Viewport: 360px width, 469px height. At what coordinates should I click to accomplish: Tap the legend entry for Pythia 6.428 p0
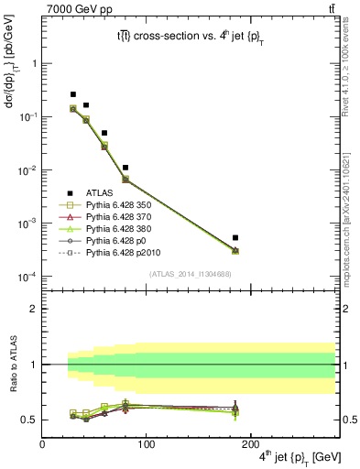(x=110, y=247)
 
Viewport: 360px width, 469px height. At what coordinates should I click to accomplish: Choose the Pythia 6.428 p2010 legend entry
(x=115, y=261)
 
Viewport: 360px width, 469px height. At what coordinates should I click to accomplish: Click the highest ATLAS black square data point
(x=73, y=94)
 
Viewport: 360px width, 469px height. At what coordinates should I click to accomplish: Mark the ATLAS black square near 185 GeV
(x=235, y=238)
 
